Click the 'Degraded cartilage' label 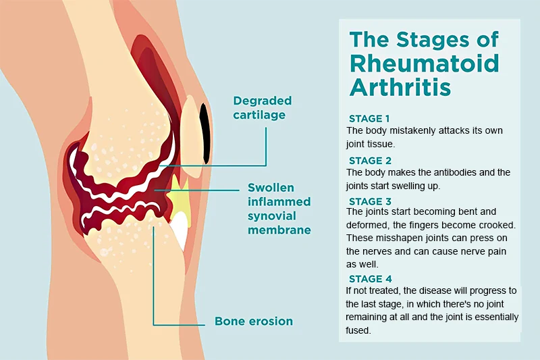[x=262, y=107]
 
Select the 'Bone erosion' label [x=254, y=321]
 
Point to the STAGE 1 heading [x=370, y=118]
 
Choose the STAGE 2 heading [x=370, y=161]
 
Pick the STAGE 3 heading [x=370, y=201]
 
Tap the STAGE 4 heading [x=370, y=279]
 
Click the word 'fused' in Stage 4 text [x=358, y=331]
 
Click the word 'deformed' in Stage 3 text [x=366, y=225]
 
